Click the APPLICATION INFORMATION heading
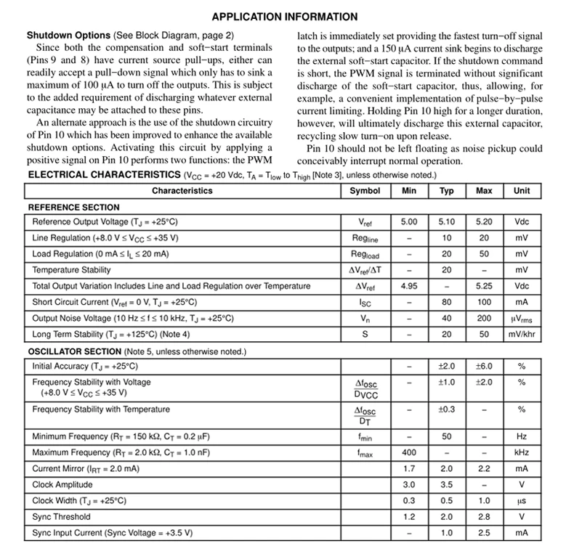[284, 17]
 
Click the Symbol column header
[364, 191]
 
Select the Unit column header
[522, 191]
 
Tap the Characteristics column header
[182, 191]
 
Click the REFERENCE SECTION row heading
[73, 208]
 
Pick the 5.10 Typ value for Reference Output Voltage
[446, 222]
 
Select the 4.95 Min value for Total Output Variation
[408, 286]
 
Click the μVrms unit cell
[522, 318]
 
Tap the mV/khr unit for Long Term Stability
[522, 334]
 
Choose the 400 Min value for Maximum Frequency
[408, 453]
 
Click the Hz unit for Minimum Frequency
[522, 437]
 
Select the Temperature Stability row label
[72, 270]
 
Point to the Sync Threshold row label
[62, 517]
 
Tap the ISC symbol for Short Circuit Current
[364, 302]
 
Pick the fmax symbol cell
[364, 453]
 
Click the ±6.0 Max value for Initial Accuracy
[484, 367]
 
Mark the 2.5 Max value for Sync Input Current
[484, 533]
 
